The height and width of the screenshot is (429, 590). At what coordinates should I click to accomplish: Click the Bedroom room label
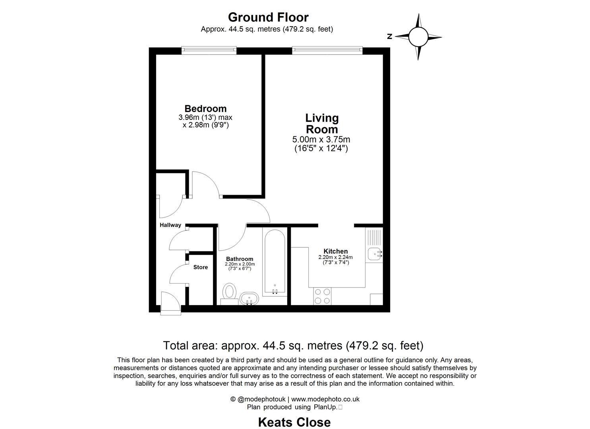[205, 109]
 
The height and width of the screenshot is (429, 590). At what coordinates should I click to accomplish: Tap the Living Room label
[322, 124]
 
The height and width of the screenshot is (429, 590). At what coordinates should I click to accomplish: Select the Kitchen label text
[336, 251]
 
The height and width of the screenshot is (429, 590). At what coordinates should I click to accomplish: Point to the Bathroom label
[240, 259]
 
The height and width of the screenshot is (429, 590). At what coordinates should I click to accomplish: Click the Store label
[201, 267]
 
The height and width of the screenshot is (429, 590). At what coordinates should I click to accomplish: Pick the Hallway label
[170, 225]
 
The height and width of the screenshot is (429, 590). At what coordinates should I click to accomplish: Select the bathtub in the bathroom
[274, 262]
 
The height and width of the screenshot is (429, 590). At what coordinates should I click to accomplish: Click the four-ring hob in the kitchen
[322, 296]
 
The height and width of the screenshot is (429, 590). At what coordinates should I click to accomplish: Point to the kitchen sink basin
[374, 253]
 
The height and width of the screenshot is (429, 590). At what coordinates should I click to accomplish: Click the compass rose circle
[418, 37]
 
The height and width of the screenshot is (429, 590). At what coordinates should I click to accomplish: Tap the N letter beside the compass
[390, 37]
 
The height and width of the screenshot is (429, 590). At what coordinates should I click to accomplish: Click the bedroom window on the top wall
[209, 50]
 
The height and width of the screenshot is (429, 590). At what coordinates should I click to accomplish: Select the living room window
[327, 50]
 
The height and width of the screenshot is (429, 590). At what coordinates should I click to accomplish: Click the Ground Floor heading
[268, 17]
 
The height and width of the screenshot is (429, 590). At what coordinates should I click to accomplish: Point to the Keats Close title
[294, 422]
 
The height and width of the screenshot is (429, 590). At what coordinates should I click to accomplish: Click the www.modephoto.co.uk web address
[325, 399]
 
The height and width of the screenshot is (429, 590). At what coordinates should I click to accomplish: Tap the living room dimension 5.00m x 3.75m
[321, 139]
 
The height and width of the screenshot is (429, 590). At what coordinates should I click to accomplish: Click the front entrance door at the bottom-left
[170, 304]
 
